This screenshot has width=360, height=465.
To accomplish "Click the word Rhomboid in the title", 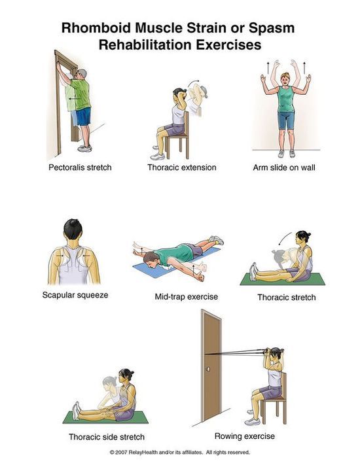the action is (x=96, y=28).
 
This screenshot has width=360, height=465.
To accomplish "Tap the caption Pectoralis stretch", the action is (x=80, y=167).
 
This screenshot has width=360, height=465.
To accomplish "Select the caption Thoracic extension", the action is (x=182, y=167).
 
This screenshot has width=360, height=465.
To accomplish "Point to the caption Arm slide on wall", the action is (x=284, y=167).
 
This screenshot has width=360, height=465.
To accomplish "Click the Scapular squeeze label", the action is (x=75, y=295).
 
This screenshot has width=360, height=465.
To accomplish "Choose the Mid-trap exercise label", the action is (x=187, y=296).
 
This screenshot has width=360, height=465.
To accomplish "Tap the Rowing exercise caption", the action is (x=245, y=436).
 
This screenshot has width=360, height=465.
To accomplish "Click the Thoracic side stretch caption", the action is (x=107, y=437).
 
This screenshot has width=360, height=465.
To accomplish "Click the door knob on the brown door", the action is (x=208, y=370).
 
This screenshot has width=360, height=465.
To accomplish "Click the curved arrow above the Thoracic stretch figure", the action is (x=284, y=238).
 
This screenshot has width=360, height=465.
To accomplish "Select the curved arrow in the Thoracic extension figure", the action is (x=193, y=82).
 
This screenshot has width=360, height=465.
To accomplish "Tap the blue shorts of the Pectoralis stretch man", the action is (x=83, y=116).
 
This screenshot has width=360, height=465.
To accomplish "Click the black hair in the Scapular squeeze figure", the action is (x=73, y=229).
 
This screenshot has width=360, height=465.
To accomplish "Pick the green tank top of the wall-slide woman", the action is (x=285, y=99).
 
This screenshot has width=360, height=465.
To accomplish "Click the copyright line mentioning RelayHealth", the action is (x=180, y=453).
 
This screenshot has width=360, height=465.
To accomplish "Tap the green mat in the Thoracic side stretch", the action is (x=105, y=417).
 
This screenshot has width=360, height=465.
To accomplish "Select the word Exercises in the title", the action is (x=228, y=44).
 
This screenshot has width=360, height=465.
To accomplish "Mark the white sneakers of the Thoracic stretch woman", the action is (x=253, y=271).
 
